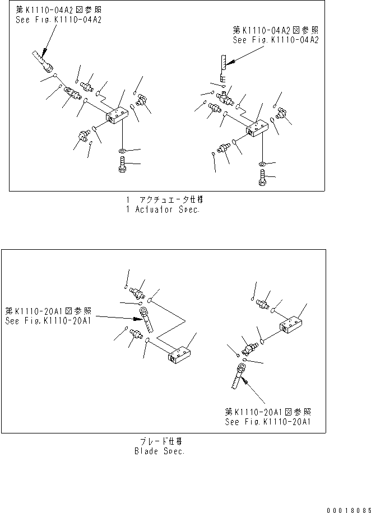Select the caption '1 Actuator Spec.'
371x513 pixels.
[163, 209]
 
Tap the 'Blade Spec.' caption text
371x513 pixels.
[160, 451]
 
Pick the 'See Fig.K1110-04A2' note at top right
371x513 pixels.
[275, 40]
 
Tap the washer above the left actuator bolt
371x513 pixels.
[123, 151]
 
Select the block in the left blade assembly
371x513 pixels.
[180, 354]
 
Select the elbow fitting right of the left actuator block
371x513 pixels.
[139, 100]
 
